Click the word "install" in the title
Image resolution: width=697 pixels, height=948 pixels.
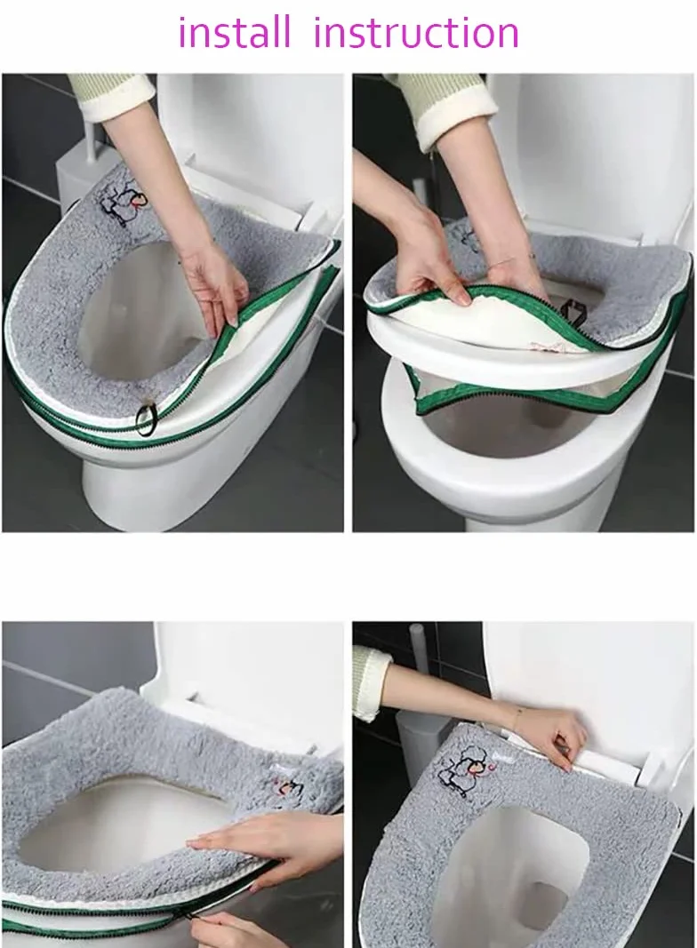tap(234, 33)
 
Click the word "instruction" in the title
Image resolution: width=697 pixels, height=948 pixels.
tap(416, 33)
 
